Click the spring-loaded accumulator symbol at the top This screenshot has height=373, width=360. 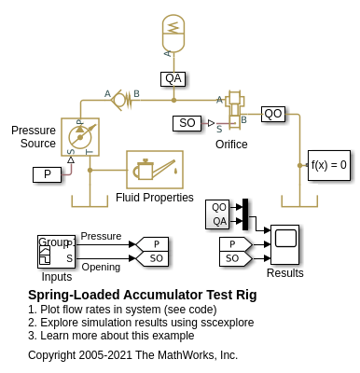pyautogui.click(x=173, y=33)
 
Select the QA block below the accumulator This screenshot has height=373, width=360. pyautogui.click(x=173, y=79)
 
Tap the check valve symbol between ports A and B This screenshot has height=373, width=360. pyautogui.click(x=122, y=99)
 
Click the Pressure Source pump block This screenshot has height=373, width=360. pyautogui.click(x=80, y=137)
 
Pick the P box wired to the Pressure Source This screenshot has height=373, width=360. pyautogui.click(x=47, y=174)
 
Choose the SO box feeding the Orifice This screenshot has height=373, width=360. pyautogui.click(x=187, y=123)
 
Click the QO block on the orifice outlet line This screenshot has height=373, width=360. pyautogui.click(x=273, y=114)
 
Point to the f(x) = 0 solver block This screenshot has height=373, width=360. pyautogui.click(x=329, y=165)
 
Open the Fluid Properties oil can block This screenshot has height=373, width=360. pyautogui.click(x=155, y=170)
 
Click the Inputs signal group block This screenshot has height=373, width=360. pyautogui.click(x=56, y=251)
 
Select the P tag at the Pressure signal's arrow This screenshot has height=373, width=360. pyautogui.click(x=152, y=244)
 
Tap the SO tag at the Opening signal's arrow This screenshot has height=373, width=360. pyautogui.click(x=152, y=258)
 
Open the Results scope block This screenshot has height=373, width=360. pyautogui.click(x=284, y=244)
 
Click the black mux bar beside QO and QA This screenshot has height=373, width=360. pyautogui.click(x=245, y=214)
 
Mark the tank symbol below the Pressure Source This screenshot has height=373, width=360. pyautogui.click(x=90, y=201)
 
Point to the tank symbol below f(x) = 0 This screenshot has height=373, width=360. pyautogui.click(x=299, y=201)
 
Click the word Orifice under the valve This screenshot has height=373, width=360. pyautogui.click(x=231, y=145)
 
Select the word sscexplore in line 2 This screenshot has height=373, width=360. pyautogui.click(x=228, y=323)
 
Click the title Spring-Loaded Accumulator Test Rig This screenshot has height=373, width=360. pyautogui.click(x=143, y=295)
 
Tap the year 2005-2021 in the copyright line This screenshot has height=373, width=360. pyautogui.click(x=105, y=355)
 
